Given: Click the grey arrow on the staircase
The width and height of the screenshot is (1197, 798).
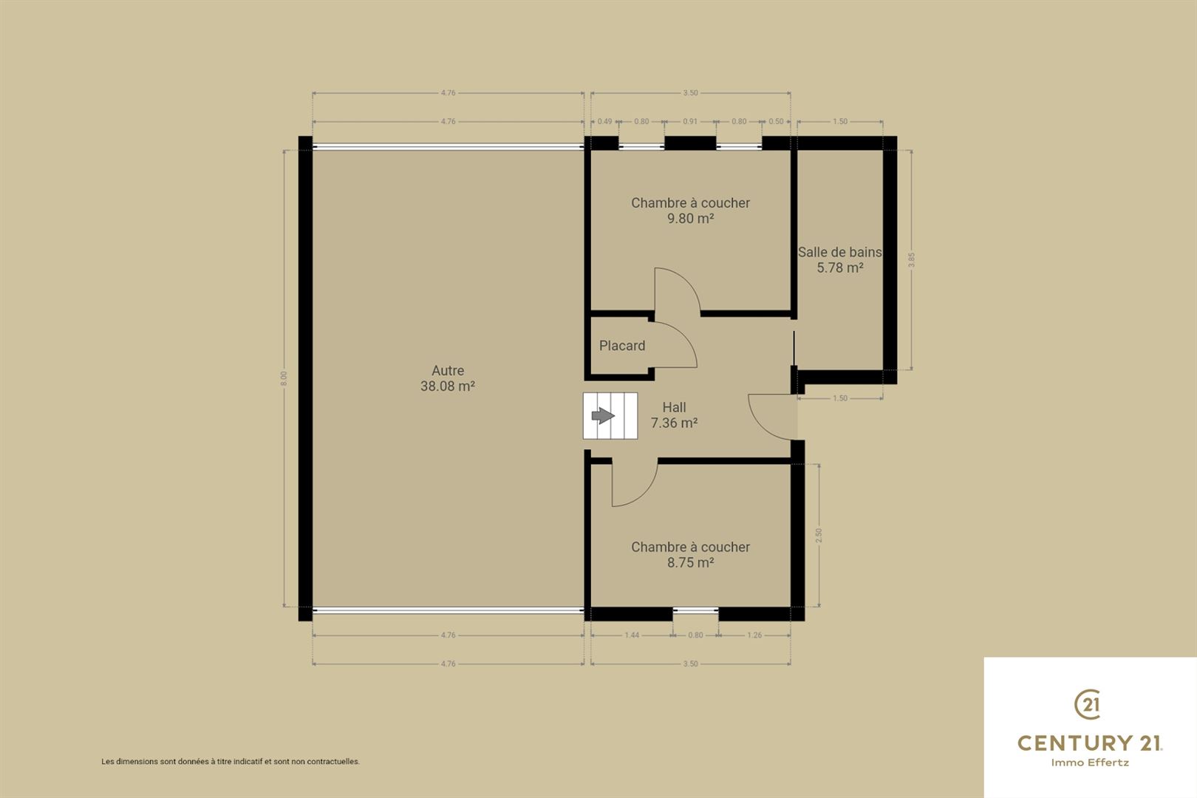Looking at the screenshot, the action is (604, 415).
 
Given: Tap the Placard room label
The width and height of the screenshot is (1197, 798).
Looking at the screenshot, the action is (622, 346).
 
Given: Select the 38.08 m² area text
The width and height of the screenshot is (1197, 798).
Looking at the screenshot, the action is (448, 386).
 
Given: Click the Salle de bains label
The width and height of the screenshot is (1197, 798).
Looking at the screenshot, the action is (839, 252).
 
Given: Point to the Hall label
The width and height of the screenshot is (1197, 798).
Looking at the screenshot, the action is (674, 407).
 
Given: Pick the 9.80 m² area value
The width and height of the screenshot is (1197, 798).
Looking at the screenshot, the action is (690, 218).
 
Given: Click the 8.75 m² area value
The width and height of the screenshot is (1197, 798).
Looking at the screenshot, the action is (690, 562).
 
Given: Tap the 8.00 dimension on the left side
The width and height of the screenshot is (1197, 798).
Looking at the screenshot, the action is (284, 378).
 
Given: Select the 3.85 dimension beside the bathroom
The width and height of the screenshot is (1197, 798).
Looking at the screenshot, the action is (912, 260).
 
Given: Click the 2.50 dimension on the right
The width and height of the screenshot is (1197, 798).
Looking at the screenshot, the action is (819, 536).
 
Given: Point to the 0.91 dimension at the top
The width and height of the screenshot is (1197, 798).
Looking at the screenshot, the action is (690, 121).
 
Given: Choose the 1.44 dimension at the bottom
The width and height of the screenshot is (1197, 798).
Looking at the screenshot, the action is (632, 635).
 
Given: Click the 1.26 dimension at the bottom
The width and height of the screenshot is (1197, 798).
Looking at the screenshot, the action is (754, 635).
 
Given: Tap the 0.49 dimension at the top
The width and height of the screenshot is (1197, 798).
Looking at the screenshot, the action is (604, 121).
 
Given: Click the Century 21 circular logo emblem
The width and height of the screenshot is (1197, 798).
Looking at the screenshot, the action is (1088, 704).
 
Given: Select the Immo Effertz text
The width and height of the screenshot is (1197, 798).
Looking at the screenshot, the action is (1090, 763).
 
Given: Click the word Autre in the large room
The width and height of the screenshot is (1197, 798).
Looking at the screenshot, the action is (448, 370).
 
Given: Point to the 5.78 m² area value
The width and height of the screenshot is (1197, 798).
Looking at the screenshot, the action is (840, 267).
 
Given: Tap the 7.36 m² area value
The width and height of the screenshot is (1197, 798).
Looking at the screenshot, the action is (674, 423).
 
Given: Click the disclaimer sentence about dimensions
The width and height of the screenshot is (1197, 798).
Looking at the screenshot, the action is (231, 762).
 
